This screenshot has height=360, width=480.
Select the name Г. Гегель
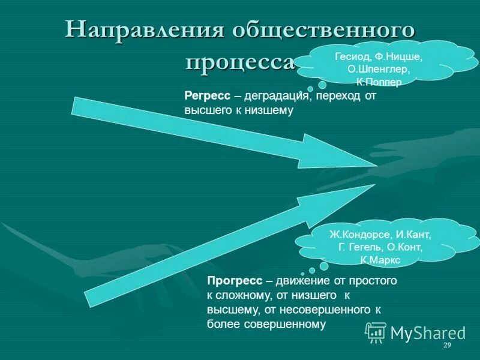pos(362,247)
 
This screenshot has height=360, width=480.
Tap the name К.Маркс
pos(380,259)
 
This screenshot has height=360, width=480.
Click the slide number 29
pos(446,346)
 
